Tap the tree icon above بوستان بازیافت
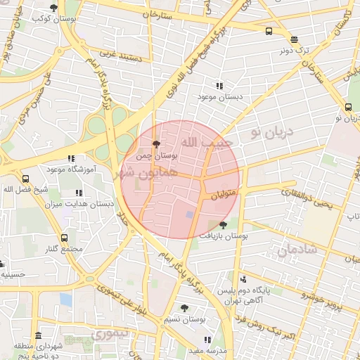click(224, 225)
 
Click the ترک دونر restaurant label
click(294, 50)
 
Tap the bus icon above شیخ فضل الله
click(26, 179)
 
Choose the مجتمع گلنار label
click(64, 249)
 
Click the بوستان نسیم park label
click(184, 319)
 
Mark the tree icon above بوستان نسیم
click(184, 308)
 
